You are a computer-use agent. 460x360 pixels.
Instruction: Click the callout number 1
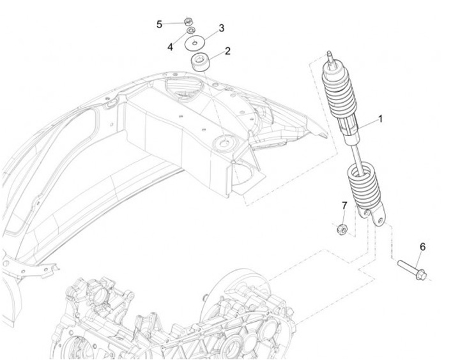tap(381, 119)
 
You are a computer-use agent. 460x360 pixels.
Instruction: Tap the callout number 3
tap(222, 28)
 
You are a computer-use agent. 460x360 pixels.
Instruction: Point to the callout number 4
tap(171, 47)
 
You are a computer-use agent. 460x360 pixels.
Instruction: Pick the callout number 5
tap(159, 24)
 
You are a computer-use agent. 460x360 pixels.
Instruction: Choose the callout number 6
tap(422, 246)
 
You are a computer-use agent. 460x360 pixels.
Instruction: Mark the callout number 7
tap(344, 206)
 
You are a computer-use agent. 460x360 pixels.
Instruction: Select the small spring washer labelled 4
tap(190, 31)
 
